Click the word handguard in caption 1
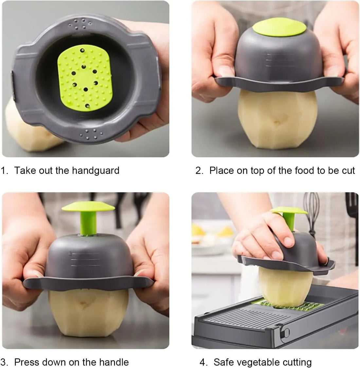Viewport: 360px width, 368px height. point(96,171)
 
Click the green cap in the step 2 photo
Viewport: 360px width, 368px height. point(279,28)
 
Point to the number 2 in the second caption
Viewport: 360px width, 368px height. point(198,171)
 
